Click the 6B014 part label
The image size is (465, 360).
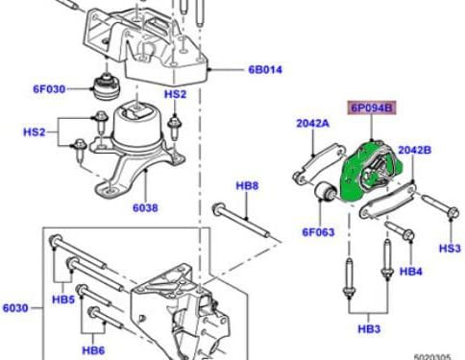[x=265, y=70]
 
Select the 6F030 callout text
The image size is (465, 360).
[x=49, y=89]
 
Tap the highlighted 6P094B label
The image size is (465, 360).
[x=372, y=108]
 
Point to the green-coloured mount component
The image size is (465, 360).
[x=371, y=172]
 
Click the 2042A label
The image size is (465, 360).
[x=312, y=123]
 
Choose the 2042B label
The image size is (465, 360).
[x=415, y=150]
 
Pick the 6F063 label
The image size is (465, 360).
[x=318, y=232]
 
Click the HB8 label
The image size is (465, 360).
[x=247, y=185]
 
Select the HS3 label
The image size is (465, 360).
[x=450, y=248]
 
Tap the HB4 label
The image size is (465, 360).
[x=411, y=272]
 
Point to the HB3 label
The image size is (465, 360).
[x=369, y=328]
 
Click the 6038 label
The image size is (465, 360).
[x=145, y=208]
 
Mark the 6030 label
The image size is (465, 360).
[x=15, y=308]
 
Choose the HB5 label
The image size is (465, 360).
[x=63, y=300]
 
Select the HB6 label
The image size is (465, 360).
[x=93, y=350]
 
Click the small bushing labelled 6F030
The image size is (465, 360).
[x=107, y=86]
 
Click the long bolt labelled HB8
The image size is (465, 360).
[x=241, y=221]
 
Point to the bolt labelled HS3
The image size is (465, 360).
[x=440, y=206]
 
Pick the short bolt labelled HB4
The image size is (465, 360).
[x=400, y=231]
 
